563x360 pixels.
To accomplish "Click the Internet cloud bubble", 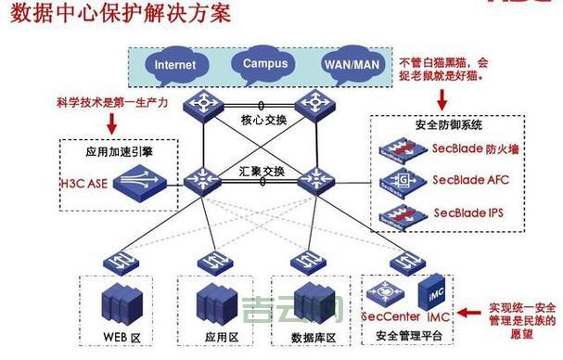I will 175,65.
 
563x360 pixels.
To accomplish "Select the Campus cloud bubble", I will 265,63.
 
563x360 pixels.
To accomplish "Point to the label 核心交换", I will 264,120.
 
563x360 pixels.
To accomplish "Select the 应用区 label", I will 219,334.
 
